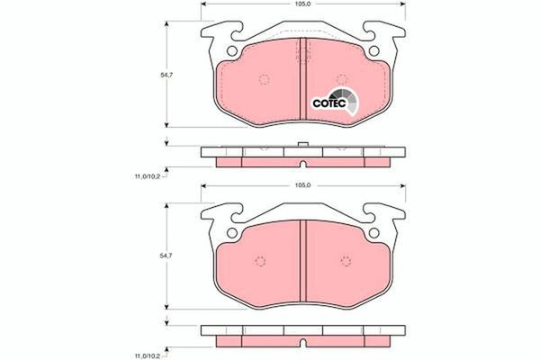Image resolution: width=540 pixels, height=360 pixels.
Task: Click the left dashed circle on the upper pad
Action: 264,79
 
